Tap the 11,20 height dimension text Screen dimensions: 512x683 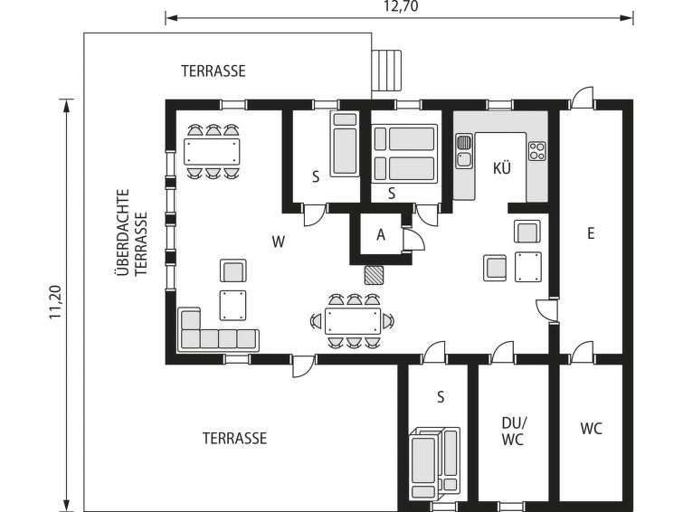point(55,302)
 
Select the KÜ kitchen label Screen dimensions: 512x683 point(502,167)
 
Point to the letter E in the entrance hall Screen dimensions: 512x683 point(590,233)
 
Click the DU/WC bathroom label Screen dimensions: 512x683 point(512,431)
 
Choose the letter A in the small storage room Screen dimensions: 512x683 point(381,235)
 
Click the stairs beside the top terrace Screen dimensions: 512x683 point(386,71)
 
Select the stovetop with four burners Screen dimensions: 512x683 point(536,150)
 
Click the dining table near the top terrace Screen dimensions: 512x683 point(213,150)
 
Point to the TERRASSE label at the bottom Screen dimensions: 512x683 point(234,438)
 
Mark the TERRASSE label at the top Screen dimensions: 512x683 point(213,71)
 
